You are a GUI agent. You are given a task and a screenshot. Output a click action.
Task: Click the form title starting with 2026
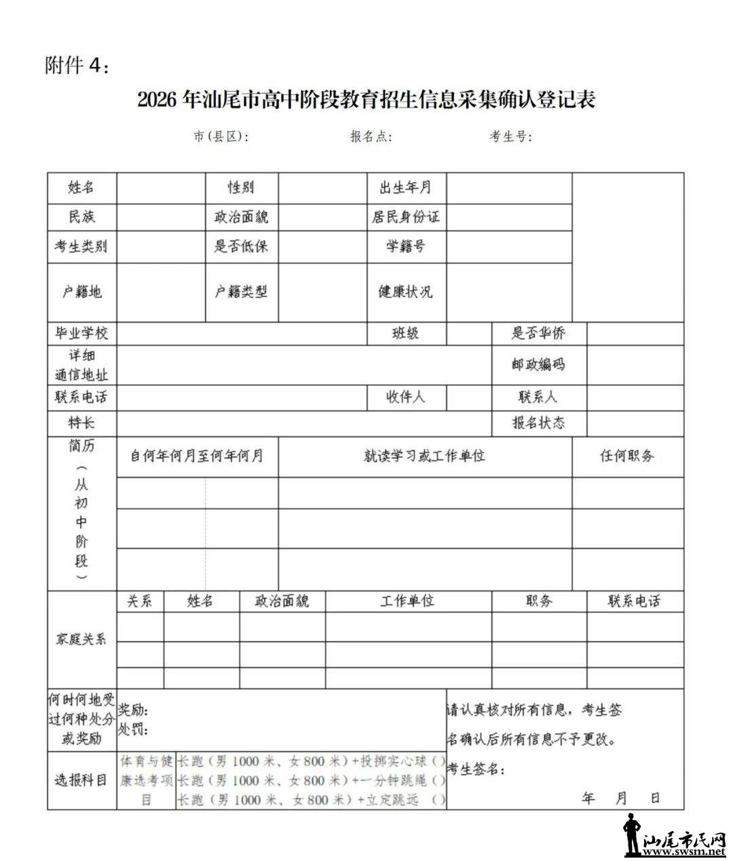[x=366, y=100]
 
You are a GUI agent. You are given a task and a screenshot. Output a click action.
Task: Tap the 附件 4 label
[x=76, y=66]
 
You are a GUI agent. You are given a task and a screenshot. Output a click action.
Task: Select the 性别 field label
[x=242, y=187]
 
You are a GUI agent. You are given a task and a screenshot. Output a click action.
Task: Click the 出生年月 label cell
[x=406, y=187]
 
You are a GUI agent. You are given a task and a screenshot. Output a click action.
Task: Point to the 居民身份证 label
[x=406, y=217]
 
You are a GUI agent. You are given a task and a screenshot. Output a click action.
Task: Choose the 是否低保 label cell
[x=242, y=246]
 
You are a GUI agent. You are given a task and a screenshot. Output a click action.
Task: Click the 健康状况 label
[x=406, y=292]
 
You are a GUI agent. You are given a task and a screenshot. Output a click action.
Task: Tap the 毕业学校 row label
[x=81, y=333]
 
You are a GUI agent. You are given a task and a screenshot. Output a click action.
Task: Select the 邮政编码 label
[x=538, y=364]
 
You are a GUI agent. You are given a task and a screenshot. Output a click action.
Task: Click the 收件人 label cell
[x=406, y=397]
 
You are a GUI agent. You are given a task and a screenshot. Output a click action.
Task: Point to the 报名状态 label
[x=538, y=423]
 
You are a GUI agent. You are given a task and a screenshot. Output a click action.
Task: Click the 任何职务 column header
[x=627, y=456]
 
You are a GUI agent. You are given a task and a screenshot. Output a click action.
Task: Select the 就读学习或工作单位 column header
[x=425, y=456]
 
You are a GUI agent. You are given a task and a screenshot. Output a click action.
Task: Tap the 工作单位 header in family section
[x=408, y=601]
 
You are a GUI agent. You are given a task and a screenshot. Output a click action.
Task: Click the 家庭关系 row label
[x=81, y=639]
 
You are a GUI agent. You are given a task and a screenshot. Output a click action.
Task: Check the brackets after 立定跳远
[x=438, y=801]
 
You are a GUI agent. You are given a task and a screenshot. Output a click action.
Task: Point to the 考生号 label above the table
[x=511, y=136]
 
